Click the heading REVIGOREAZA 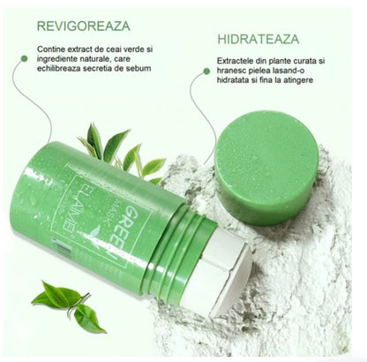[x=84, y=26]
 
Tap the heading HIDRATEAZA [x=258, y=40]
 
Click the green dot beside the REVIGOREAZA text [x=25, y=58]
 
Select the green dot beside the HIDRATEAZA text [x=206, y=71]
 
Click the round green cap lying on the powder [x=266, y=168]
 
